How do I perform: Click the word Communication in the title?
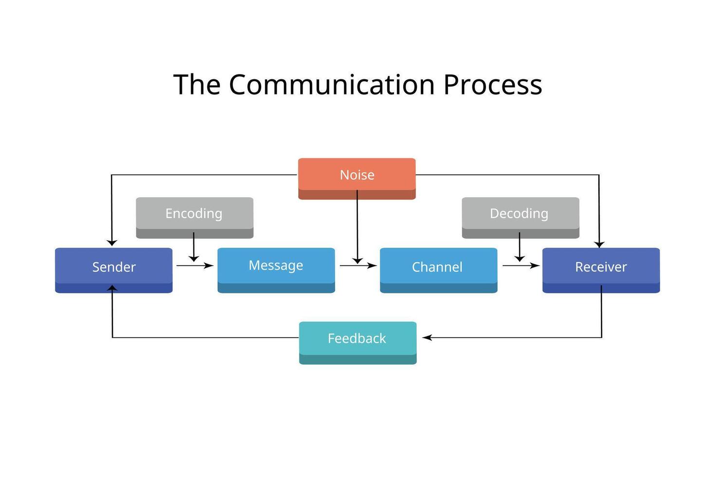pos(331,85)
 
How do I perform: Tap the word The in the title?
pos(197,85)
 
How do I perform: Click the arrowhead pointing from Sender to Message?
pos(209,266)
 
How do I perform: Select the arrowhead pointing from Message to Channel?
pos(373,266)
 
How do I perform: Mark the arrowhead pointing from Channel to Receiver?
pos(536,266)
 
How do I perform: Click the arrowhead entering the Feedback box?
pos(427,337)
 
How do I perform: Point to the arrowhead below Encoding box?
pos(194,258)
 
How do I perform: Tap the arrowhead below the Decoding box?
pos(519,258)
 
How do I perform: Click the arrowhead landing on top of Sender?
pos(112,243)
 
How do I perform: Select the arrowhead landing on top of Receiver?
pos(599,244)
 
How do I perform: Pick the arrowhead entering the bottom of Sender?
pos(112,288)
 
